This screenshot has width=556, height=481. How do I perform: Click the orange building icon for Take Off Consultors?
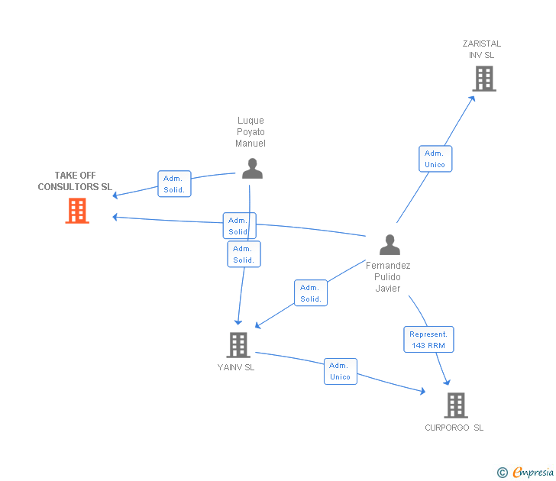click(x=77, y=211)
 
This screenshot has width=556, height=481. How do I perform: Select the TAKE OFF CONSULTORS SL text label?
click(x=75, y=181)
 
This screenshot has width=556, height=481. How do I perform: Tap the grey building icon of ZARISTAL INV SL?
click(x=483, y=79)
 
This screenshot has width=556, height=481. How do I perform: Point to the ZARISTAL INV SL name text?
click(x=481, y=50)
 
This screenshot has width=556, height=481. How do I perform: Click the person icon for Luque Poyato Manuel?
click(x=252, y=169)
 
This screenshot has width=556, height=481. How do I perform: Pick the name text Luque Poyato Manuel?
click(x=251, y=132)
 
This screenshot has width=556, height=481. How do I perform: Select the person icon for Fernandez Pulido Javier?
click(x=390, y=245)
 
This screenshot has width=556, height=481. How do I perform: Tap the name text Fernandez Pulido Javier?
click(x=388, y=277)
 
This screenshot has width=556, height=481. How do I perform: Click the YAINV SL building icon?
click(x=238, y=345)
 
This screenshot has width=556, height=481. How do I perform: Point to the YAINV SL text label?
click(x=236, y=367)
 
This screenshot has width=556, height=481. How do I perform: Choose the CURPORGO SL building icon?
click(x=455, y=405)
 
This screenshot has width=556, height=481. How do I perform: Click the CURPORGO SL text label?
click(x=454, y=428)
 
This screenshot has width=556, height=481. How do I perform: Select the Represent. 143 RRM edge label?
click(x=428, y=340)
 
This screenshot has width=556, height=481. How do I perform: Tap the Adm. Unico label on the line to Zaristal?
click(x=435, y=159)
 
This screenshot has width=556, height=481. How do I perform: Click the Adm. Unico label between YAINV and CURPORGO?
click(x=340, y=371)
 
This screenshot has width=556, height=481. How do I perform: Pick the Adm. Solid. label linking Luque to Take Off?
click(x=174, y=184)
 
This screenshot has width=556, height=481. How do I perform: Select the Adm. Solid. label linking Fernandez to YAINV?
click(x=311, y=293)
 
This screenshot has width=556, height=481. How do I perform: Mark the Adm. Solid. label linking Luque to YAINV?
click(x=244, y=254)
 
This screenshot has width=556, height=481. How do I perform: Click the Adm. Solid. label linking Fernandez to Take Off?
click(x=238, y=226)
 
